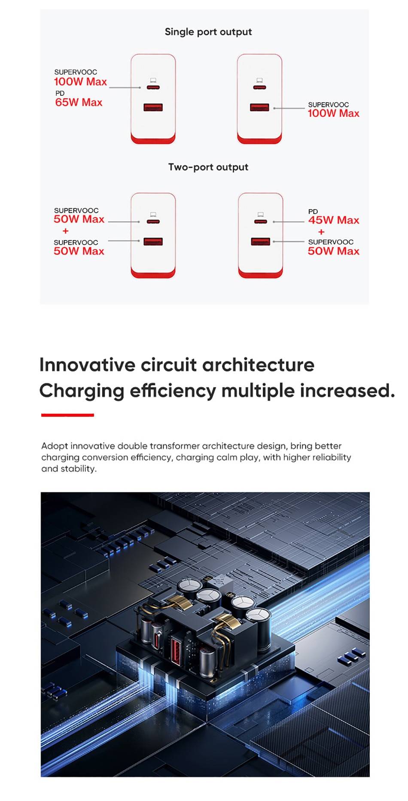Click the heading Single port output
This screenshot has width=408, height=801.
[208, 32]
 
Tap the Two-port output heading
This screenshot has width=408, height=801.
[208, 167]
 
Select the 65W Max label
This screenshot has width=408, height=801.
[79, 102]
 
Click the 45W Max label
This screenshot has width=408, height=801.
[334, 220]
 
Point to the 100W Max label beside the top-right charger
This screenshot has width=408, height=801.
[334, 113]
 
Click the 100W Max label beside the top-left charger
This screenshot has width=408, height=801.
[80, 82]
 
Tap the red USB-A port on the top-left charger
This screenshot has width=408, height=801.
[153, 107]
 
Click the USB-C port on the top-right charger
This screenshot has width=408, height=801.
[259, 88]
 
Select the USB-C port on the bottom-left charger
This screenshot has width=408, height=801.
[153, 222]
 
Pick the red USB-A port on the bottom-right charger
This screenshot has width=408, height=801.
[260, 241]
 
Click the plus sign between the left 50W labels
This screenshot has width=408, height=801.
[65, 231]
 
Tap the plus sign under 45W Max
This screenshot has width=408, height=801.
[321, 232]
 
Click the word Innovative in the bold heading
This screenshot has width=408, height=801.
[87, 365]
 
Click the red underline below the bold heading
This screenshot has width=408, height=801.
[67, 415]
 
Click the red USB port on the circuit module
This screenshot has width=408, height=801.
[177, 650]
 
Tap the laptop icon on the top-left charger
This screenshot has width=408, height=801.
[153, 80]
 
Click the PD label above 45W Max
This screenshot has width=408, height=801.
[313, 211]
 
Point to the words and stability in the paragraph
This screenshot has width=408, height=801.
[69, 469]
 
